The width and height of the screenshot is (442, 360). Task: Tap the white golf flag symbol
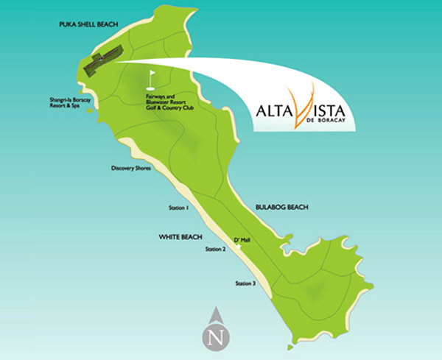[152, 76]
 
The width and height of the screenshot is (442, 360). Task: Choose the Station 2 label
[215, 250]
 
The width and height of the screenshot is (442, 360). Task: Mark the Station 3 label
[245, 283]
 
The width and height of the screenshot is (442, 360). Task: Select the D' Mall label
[242, 240]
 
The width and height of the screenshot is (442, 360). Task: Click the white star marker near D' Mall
[237, 248]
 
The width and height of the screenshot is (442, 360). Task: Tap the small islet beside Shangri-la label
[89, 110]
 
